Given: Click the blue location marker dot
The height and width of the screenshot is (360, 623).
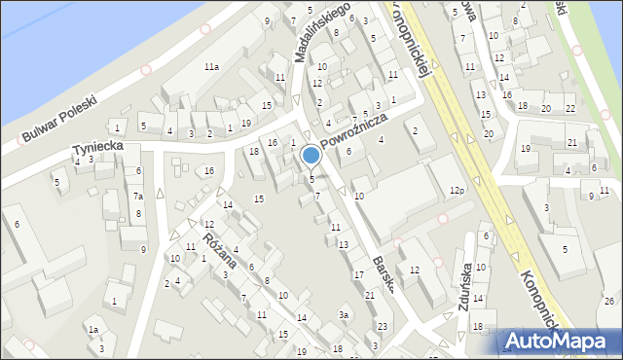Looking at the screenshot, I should (311, 155).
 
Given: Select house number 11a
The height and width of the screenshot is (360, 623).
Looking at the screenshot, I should (211, 67).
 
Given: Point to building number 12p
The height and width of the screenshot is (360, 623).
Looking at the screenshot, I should (457, 191).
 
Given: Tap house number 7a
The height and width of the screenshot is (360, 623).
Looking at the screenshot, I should (138, 197).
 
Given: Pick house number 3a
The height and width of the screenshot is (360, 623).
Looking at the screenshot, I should (344, 315).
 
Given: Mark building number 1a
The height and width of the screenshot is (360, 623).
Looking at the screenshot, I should (93, 330).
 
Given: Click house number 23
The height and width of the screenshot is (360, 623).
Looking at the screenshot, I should (383, 326).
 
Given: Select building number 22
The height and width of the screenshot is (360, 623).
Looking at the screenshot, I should (570, 108).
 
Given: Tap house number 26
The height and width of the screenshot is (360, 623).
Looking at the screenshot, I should (608, 301).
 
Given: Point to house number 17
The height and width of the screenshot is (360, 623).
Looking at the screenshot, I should (358, 275).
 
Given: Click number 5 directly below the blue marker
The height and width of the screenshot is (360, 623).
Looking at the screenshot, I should (311, 179).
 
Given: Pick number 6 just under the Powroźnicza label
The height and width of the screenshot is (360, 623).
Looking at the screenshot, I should (348, 151).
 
